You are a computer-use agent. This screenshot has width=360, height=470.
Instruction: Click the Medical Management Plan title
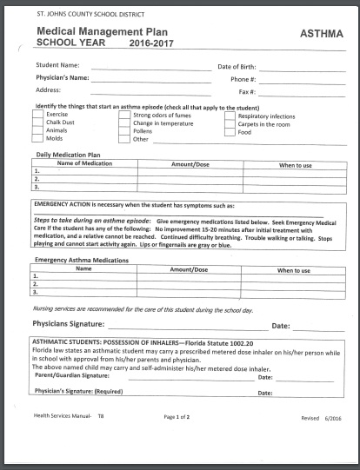pyautogui.click(x=92, y=30)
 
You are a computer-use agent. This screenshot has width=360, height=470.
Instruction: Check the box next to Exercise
pyautogui.click(x=37, y=115)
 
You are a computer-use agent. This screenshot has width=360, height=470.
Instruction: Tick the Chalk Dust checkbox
pyautogui.click(x=37, y=122)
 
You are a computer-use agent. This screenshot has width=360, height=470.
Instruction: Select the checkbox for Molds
pyautogui.click(x=37, y=138)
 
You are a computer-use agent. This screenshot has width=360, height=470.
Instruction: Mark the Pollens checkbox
pyautogui.click(x=125, y=130)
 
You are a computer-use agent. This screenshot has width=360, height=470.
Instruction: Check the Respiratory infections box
pyautogui.click(x=230, y=115)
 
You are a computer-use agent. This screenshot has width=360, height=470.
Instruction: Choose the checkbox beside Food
pyautogui.click(x=230, y=130)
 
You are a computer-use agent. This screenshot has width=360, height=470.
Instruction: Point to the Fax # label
pyautogui.click(x=246, y=90)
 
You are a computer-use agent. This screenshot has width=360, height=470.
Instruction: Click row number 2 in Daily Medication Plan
pyautogui.click(x=37, y=179)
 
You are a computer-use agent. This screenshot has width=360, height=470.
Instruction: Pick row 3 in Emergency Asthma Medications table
pyautogui.click(x=37, y=292)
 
